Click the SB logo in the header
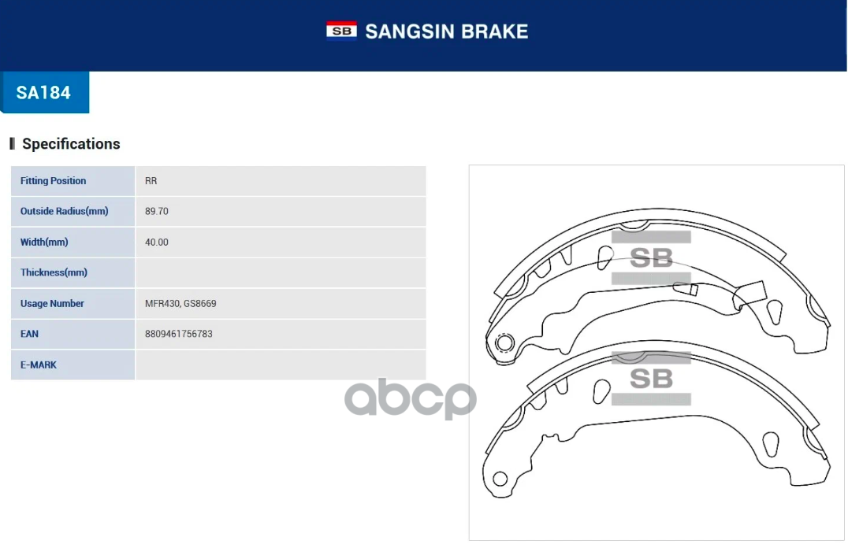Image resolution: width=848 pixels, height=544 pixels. [x=341, y=31]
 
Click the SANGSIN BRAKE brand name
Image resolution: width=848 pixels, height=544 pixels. [x=446, y=31]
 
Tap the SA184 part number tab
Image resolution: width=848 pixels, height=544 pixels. [x=44, y=92]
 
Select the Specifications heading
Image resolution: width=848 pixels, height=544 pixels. [x=71, y=144]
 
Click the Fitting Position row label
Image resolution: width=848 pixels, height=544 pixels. [x=53, y=181]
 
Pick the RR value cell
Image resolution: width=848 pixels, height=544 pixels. [x=151, y=181]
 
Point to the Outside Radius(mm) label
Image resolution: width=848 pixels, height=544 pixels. [x=64, y=211]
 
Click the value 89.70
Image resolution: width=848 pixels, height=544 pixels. [x=157, y=211]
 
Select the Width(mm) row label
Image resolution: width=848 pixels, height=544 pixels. [x=44, y=242]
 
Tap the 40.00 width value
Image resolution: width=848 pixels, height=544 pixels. [x=157, y=242]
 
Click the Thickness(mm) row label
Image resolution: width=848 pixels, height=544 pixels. [x=54, y=272]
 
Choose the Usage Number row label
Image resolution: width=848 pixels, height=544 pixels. [x=52, y=303]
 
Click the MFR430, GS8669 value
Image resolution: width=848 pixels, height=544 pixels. [x=180, y=303]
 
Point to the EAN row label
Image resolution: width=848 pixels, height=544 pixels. [x=29, y=334]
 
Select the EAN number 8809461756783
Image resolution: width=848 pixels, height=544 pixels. [x=179, y=334]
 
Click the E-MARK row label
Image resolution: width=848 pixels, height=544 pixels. [x=39, y=365]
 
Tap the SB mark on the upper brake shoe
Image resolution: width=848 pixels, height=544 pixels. [x=651, y=257]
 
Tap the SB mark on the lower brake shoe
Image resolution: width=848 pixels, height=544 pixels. [x=651, y=379]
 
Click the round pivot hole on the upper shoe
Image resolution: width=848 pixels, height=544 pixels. [x=504, y=342]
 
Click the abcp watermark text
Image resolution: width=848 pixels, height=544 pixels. [x=411, y=398]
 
